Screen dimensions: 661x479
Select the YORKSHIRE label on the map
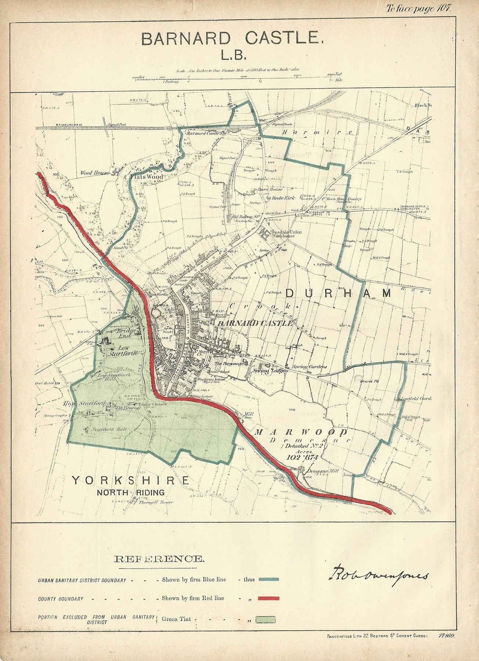click(131, 480)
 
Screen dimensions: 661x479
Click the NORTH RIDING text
click(131, 492)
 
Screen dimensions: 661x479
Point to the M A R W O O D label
click(301, 432)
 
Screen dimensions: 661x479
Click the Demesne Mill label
click(322, 471)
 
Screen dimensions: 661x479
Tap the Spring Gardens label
click(309, 367)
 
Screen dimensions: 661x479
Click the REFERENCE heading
click(159, 570)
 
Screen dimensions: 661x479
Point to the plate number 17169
click(447, 646)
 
